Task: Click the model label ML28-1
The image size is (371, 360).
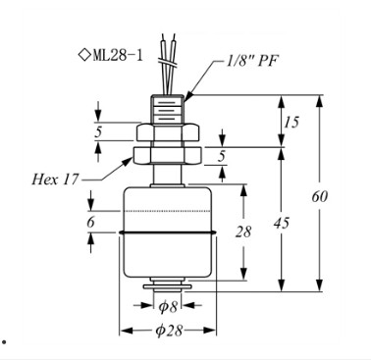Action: point(118,55)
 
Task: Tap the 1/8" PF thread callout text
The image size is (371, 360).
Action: point(252,61)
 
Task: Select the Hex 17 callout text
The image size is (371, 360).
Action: point(55,180)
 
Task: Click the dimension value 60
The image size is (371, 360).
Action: point(319,196)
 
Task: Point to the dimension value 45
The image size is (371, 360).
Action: point(282,223)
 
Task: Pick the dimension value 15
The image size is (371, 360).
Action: point(291,123)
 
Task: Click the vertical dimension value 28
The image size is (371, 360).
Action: point(243,231)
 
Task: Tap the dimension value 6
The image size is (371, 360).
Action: point(90,223)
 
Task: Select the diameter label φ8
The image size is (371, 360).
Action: point(168,307)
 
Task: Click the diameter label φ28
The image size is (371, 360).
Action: point(169,331)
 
